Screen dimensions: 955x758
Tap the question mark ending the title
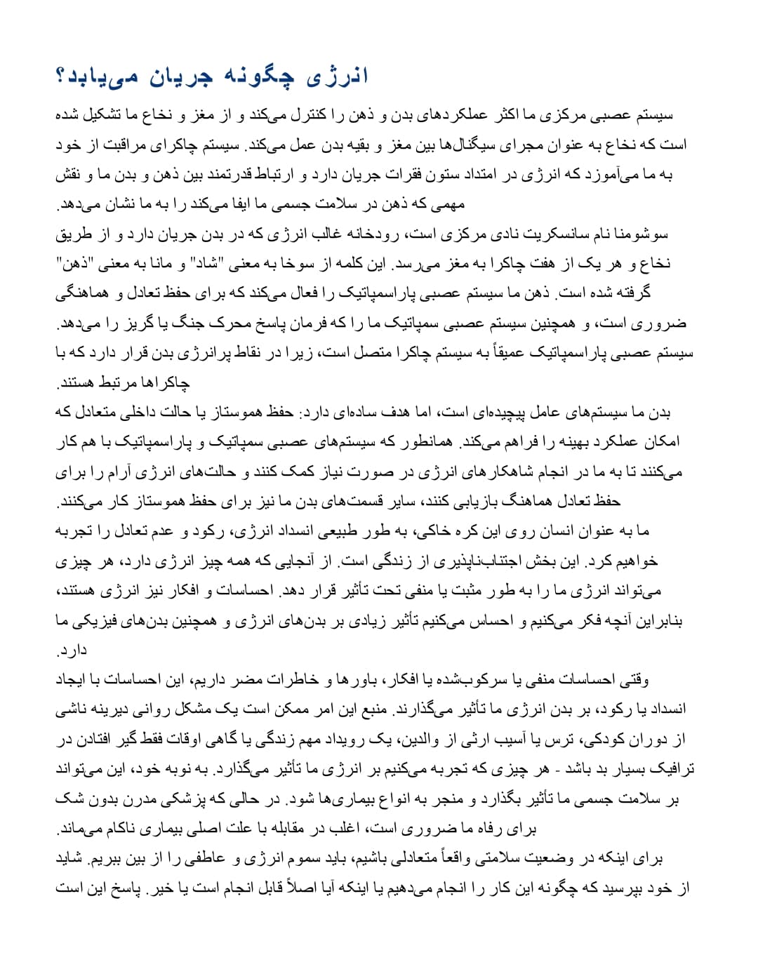click(x=60, y=76)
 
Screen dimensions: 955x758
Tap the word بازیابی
click(x=467, y=501)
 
